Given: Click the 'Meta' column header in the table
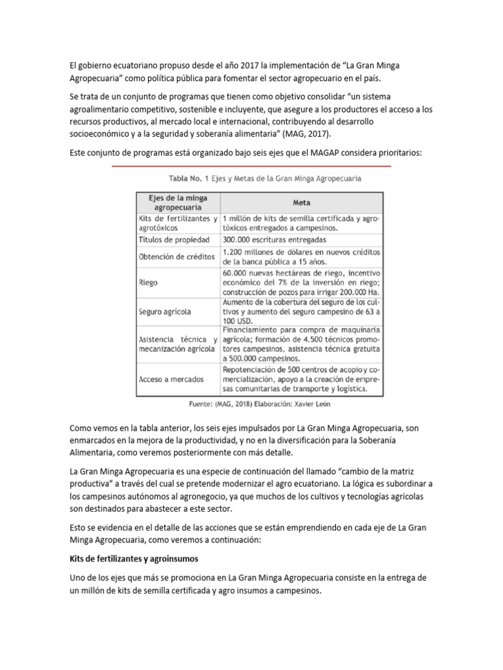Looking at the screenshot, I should click(301, 202).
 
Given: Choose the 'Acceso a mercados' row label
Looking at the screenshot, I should click(171, 379).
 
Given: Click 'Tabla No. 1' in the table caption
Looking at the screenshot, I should click(189, 177).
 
